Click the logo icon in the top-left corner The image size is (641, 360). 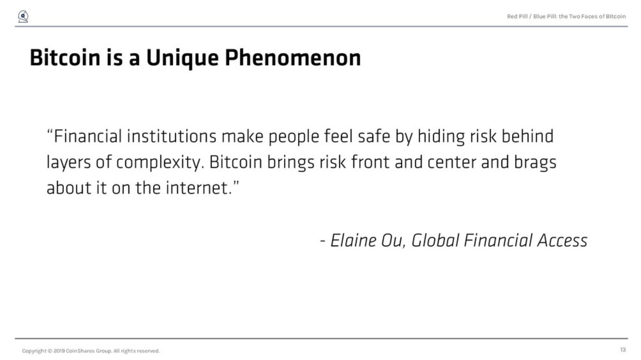(23, 16)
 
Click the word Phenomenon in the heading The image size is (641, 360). (293, 58)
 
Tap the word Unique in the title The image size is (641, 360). (182, 59)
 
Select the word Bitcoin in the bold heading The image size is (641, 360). (65, 58)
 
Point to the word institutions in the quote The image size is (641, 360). (172, 136)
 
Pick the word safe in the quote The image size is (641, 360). (374, 136)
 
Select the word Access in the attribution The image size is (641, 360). (562, 241)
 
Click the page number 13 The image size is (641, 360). (623, 350)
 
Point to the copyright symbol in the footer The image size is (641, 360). (50, 351)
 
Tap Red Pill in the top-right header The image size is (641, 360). (517, 17)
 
